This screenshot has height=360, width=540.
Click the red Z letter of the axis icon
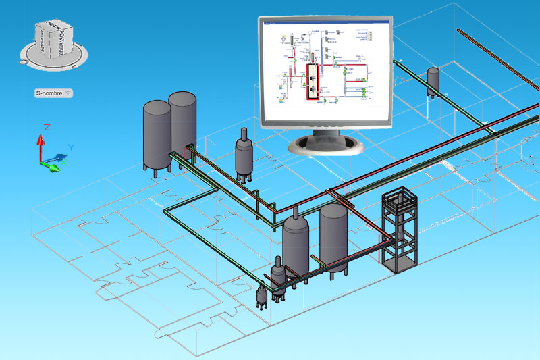click(47, 126)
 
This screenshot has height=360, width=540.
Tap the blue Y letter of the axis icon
click(71, 146)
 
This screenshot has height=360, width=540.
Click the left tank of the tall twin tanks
click(157, 135)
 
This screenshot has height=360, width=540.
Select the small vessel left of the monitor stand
click(244, 155)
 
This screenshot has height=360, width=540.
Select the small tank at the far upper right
click(433, 80)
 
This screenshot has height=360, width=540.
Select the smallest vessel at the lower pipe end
click(262, 294)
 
